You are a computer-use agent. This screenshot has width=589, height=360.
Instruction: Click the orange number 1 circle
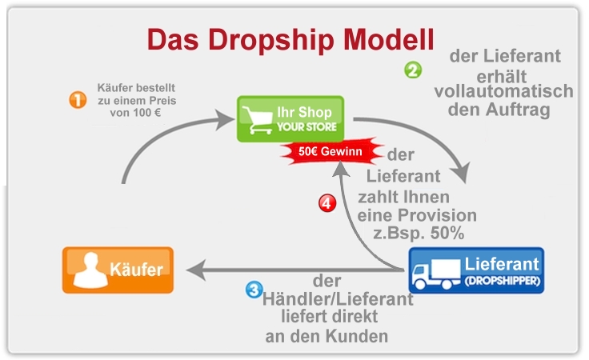pyautogui.click(x=78, y=100)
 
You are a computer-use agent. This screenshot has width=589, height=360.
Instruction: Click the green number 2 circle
pyautogui.click(x=412, y=70)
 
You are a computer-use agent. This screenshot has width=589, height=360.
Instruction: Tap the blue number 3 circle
pyautogui.click(x=253, y=288)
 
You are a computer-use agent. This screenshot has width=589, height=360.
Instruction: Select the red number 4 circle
pyautogui.click(x=327, y=204)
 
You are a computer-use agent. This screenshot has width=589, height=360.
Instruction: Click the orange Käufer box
pyautogui.click(x=118, y=270)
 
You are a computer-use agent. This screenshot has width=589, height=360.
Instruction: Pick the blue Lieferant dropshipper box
pyautogui.click(x=475, y=270)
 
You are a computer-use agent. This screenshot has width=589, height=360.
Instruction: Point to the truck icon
pyautogui.click(x=432, y=272)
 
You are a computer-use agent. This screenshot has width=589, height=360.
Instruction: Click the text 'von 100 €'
pyautogui.click(x=137, y=114)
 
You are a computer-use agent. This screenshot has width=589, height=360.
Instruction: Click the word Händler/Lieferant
pyautogui.click(x=338, y=299)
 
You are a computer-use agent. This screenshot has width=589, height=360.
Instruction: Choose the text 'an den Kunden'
pyautogui.click(x=327, y=336)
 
